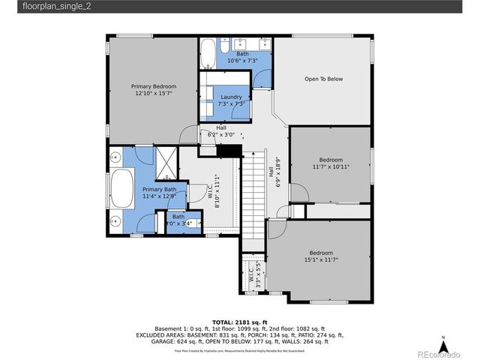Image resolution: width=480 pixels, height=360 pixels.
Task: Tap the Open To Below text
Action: [x=323, y=79]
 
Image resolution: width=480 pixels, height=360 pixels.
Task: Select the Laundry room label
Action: [x=230, y=97]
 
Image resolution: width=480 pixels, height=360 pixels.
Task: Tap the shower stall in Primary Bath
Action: [x=165, y=160]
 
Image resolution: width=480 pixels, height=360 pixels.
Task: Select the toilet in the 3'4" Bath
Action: [x=159, y=223]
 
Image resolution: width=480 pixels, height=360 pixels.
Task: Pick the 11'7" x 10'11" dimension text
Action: [x=331, y=167]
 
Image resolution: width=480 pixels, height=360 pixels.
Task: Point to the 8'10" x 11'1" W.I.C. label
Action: [x=216, y=190]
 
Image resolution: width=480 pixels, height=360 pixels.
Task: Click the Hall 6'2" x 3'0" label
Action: [x=221, y=131]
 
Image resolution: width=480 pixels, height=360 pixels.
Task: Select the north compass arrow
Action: [x=444, y=346]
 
